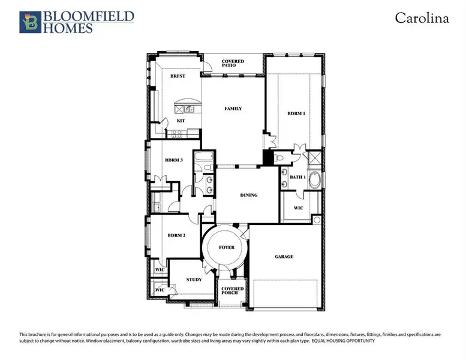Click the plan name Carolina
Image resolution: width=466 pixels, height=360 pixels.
pyautogui.click(x=422, y=18)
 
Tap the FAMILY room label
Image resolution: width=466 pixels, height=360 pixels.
pyautogui.click(x=233, y=109)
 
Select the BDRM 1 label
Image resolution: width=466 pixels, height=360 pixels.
pyautogui.click(x=296, y=113)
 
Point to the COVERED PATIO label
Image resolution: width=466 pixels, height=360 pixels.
pyautogui.click(x=233, y=64)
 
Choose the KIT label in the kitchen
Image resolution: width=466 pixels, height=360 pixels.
pyautogui.click(x=180, y=121)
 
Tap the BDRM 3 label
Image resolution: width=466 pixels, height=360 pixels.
pyautogui.click(x=174, y=160)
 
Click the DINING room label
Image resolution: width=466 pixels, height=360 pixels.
pyautogui.click(x=248, y=195)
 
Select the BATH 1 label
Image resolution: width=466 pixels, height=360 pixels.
pyautogui.click(x=297, y=177)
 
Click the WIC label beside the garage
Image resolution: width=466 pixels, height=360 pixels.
pyautogui.click(x=298, y=208)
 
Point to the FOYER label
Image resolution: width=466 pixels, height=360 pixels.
pyautogui.click(x=226, y=247)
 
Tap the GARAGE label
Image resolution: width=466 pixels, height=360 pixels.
pyautogui.click(x=284, y=256)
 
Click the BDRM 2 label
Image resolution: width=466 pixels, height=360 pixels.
pyautogui.click(x=176, y=236)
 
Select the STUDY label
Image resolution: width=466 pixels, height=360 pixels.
pyautogui.click(x=194, y=280)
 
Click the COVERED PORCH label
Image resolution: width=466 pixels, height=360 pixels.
pyautogui.click(x=232, y=292)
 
